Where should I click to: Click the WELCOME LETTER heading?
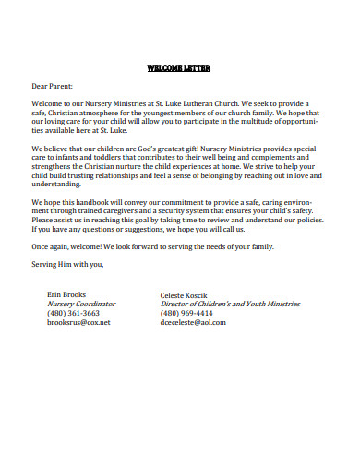179,67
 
